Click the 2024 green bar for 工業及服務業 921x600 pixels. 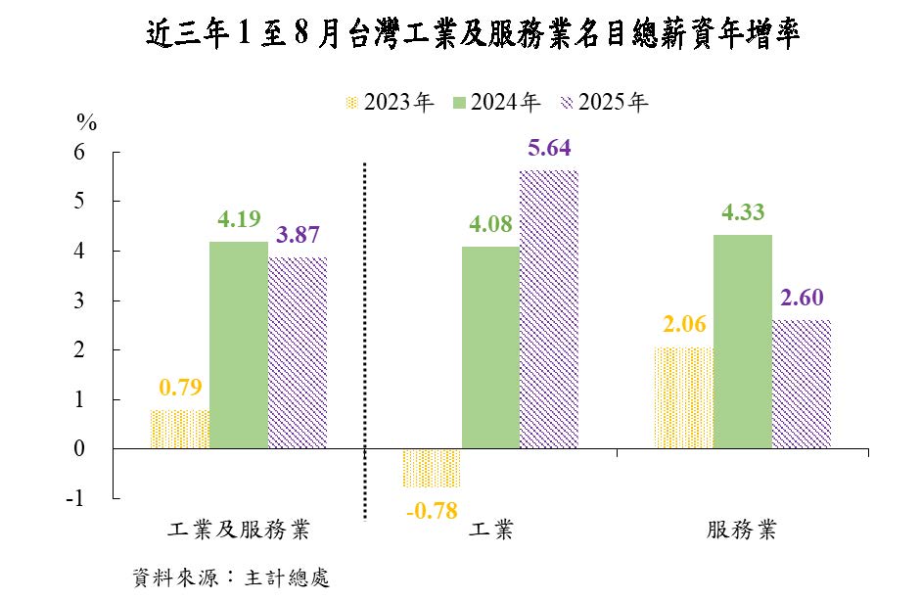pos(239,345)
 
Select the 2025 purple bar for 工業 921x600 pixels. pos(548,309)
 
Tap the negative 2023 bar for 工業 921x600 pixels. pos(432,468)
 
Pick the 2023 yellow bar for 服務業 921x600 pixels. pos(683,397)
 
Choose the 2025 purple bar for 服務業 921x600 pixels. pos(801,384)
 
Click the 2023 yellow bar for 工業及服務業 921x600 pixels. pos(180,429)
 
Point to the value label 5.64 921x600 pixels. pos(548,150)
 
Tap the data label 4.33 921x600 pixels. pos(742,213)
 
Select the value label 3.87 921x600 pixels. pos(298,236)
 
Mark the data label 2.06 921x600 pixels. pos(683,325)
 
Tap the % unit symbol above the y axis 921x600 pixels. pos(87,123)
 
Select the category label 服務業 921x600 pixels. pos(742,531)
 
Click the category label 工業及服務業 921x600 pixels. pos(240,531)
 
